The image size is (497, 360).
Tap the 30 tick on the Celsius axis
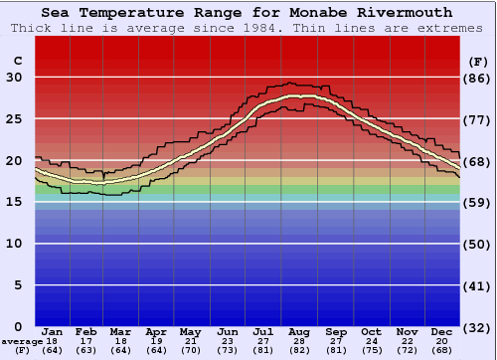tap(14, 78)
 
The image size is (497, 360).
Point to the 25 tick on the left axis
tap(14, 119)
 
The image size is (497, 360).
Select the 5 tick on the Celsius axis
tap(18, 285)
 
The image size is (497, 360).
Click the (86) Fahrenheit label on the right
tap(477, 78)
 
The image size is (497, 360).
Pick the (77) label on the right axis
tap(477, 119)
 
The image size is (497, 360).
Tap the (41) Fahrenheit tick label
tap(477, 285)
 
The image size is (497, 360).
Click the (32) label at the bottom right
tap(477, 327)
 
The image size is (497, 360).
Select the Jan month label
tap(53, 332)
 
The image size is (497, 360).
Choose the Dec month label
tap(442, 332)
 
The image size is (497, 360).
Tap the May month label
tap(189, 332)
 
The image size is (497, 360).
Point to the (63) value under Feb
tap(87, 350)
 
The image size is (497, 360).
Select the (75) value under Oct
tap(372, 350)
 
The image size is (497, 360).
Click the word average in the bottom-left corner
tap(22, 341)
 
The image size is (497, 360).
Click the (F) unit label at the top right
tap(477, 62)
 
